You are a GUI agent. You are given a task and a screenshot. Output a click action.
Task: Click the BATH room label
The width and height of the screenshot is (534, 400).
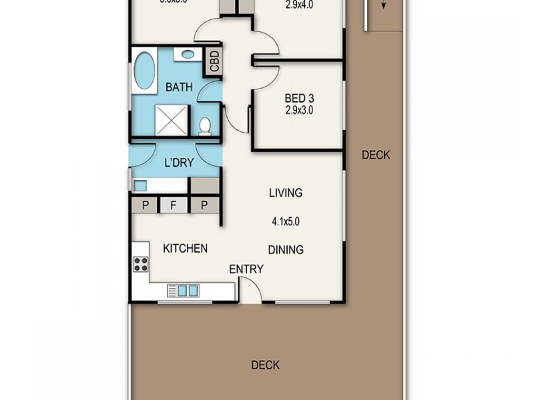(179, 87)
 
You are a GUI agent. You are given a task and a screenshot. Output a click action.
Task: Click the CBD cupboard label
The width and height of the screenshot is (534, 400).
(214, 62)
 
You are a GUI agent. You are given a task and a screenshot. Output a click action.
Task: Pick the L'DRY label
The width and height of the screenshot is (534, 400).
(178, 162)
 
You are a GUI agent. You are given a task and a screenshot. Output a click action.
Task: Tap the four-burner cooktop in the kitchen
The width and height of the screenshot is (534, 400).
(141, 264)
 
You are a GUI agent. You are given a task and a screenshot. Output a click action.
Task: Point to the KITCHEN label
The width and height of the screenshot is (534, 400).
(185, 249)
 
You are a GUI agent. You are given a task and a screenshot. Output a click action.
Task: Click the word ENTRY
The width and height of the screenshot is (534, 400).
(246, 269)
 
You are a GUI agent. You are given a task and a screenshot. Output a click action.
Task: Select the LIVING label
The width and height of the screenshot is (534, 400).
(286, 193)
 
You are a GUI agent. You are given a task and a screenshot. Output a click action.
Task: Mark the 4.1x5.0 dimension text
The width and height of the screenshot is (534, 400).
(286, 221)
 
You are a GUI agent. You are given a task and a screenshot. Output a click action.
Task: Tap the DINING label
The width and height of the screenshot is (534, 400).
(286, 250)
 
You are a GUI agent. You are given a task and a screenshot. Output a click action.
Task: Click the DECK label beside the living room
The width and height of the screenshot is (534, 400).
(376, 155)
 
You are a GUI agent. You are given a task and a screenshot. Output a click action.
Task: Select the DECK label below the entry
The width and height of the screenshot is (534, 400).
(265, 365)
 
